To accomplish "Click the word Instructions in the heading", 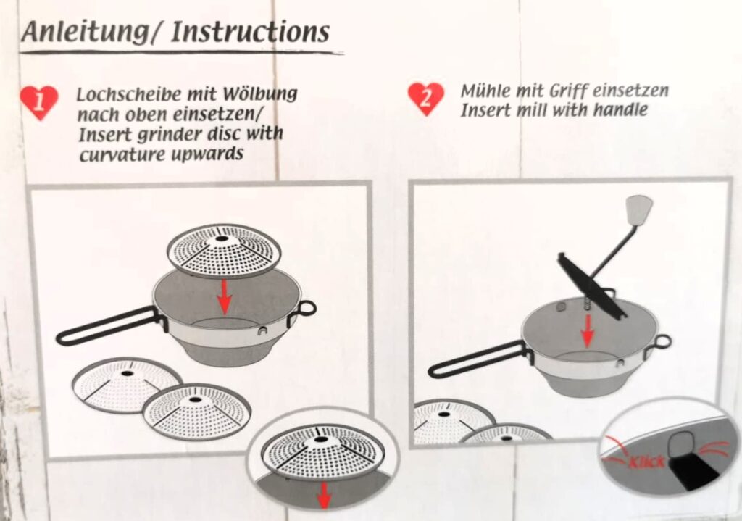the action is click(250, 31).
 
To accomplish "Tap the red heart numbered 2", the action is click(426, 99).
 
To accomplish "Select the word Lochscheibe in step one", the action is click(130, 94).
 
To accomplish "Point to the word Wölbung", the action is click(260, 94).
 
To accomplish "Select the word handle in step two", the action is click(620, 110).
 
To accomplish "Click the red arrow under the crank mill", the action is click(588, 330).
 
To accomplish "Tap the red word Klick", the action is click(647, 462).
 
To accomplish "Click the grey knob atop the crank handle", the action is click(639, 210).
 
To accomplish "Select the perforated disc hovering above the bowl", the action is click(224, 251).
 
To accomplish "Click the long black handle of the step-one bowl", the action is click(111, 325).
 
